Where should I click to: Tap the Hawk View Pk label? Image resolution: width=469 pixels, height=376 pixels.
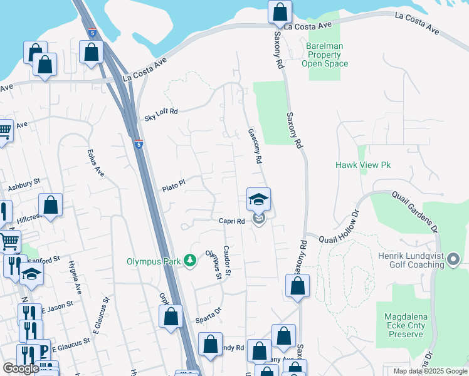pos(363,165)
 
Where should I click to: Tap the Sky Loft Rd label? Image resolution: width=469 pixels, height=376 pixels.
pos(161,114)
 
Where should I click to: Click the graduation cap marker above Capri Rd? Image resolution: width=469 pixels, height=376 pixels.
pos(258,200)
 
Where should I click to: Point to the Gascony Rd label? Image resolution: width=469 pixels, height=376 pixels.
pos(254,146)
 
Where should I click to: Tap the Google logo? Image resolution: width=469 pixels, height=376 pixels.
pos(21,368)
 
